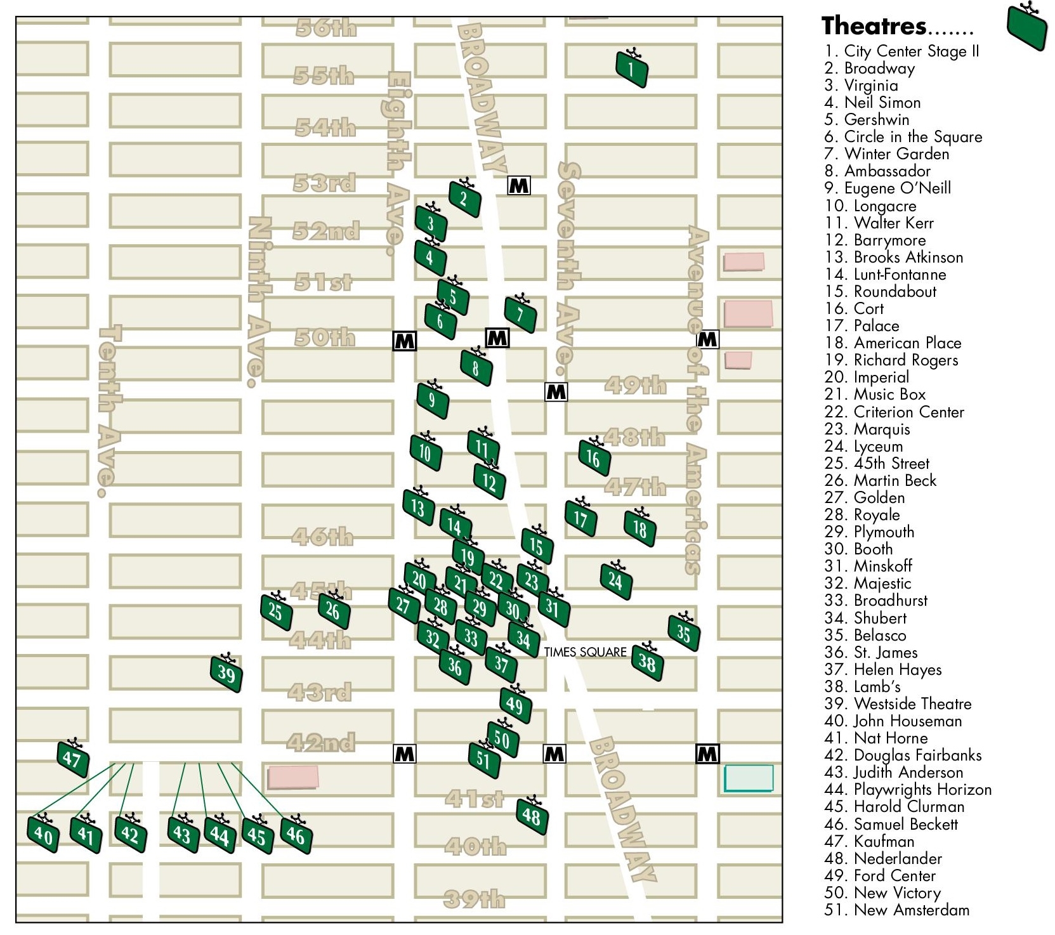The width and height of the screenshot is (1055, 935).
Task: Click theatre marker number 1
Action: click(x=632, y=69)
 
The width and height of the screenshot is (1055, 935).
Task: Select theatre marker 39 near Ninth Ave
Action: click(x=226, y=674)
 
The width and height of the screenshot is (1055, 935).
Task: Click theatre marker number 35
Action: click(x=683, y=632)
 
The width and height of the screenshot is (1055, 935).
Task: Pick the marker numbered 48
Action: click(x=532, y=816)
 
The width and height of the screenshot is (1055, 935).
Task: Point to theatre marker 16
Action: click(x=594, y=457)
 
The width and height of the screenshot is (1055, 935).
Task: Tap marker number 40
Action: click(x=43, y=834)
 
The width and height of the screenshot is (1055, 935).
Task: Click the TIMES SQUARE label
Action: click(x=585, y=652)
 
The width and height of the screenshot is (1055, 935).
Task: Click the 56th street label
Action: click(x=326, y=27)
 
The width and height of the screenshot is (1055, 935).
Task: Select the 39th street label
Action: click(x=474, y=898)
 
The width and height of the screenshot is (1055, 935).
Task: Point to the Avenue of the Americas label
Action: click(x=697, y=400)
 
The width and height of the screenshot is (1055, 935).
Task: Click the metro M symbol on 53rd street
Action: click(x=519, y=186)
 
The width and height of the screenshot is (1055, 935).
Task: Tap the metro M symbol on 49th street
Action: click(x=556, y=392)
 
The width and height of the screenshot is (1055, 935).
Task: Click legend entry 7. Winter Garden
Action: click(x=886, y=154)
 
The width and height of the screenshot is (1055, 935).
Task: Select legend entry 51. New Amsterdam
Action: click(x=896, y=910)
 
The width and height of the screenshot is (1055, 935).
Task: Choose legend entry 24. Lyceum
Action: click(x=863, y=446)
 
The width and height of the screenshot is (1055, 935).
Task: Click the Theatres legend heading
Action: click(x=874, y=26)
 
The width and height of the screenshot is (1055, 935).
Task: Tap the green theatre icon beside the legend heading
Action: click(x=1027, y=27)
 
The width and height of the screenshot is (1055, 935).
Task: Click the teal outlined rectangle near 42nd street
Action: click(x=749, y=778)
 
